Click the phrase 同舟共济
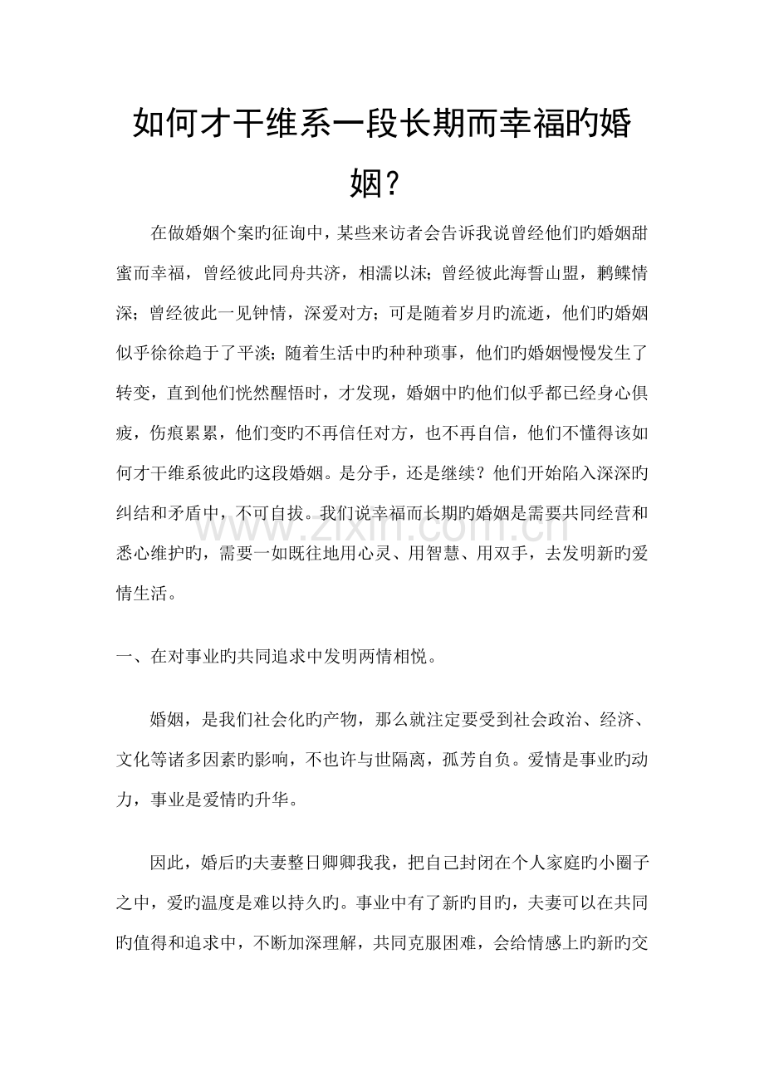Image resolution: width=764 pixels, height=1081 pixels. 321,273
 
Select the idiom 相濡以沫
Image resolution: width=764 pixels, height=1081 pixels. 409,273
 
